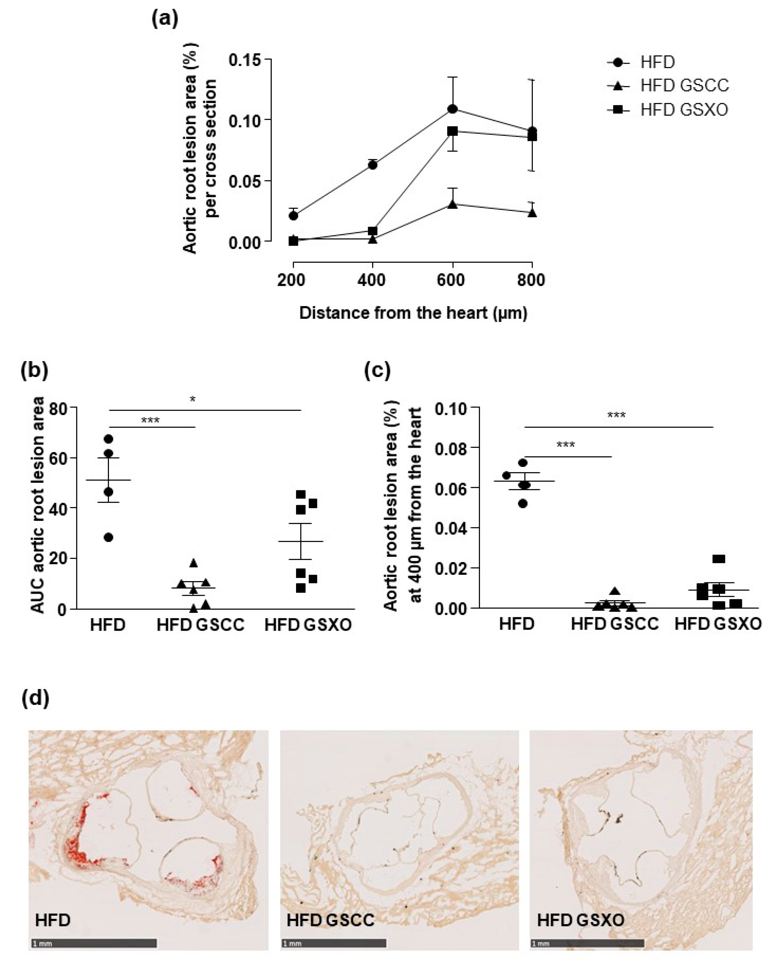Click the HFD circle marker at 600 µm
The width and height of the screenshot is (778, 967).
coord(453,109)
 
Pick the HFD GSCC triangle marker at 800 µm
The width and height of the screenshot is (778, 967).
coord(532,213)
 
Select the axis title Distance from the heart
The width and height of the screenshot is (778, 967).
coord(413,313)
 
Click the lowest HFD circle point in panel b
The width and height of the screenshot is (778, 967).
coord(108,537)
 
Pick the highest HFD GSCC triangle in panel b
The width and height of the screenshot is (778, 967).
coord(194,563)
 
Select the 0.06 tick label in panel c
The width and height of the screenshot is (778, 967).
coord(454,487)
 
